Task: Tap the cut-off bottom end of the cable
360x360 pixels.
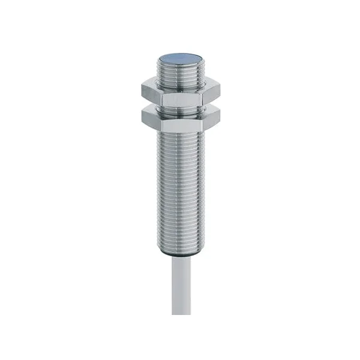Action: coord(179,314)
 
